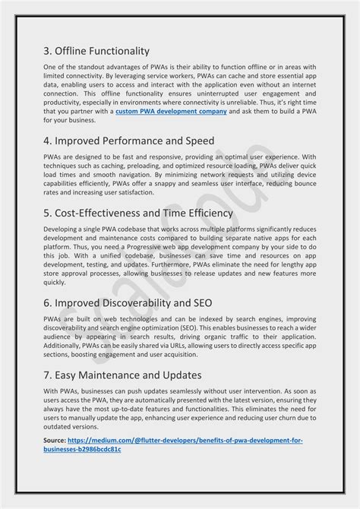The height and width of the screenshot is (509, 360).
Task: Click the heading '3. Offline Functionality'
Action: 96,52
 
